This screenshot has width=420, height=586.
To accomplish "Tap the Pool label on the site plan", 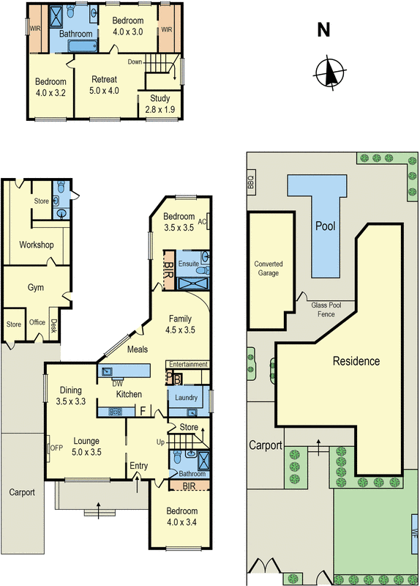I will tap(325, 226).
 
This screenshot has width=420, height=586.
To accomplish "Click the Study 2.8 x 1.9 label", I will tap(160, 103).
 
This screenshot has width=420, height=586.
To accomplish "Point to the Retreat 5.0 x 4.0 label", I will tap(105, 86).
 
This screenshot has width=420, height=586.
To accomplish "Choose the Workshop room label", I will tap(37, 244).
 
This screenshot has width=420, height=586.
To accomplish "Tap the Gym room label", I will tap(36, 288).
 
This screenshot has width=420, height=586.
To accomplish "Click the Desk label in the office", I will tap(53, 327).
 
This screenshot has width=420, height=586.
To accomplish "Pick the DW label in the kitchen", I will tap(117, 383).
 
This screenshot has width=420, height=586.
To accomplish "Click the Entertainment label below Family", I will tap(188, 364).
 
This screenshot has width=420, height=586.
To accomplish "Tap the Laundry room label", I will tap(188, 398).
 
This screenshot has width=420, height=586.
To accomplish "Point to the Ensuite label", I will tap(188, 263).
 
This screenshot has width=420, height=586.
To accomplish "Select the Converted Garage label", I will tap(269, 269).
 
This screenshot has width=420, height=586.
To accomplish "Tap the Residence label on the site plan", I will tap(356, 361).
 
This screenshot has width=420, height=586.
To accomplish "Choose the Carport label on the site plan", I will tap(265, 445).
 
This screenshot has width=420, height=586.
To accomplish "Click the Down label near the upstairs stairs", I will tap(135, 62).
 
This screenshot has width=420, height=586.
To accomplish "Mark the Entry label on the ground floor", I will tap(138, 466).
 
